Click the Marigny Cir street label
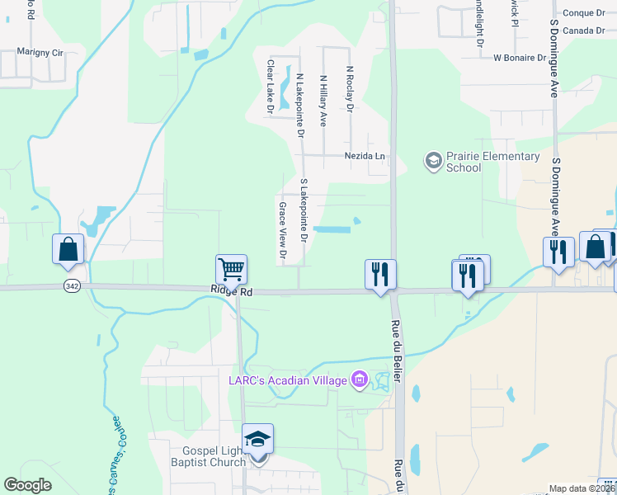(40, 52)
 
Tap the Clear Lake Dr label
(270, 86)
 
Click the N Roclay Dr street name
(350, 90)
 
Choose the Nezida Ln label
(365, 156)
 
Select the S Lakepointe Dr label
(304, 210)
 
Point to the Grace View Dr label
(282, 231)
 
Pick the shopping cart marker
(232, 269)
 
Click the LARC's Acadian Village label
(288, 380)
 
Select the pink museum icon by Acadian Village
(359, 380)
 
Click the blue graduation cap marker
(257, 439)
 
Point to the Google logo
(28, 485)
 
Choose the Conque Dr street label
(583, 12)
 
